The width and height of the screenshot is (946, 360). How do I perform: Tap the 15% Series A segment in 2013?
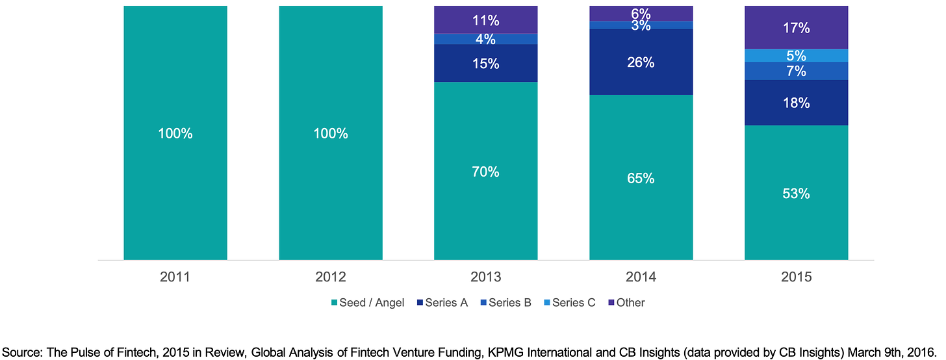pos(486,63)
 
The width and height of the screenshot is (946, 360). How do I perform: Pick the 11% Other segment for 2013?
pos(486,19)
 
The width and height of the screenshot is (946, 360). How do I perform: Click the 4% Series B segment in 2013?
pos(486,39)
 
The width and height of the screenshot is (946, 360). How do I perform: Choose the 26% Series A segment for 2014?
pos(641,62)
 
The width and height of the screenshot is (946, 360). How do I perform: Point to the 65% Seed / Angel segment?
pos(641,177)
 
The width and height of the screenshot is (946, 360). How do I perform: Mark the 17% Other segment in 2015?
pos(797,27)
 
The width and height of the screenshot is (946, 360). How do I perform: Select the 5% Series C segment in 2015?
pos(797,55)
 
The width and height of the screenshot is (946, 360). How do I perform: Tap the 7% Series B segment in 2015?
pos(797,71)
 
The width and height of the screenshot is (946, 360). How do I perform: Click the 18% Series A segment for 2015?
pos(797,103)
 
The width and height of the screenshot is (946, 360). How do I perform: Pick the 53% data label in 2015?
pos(797,193)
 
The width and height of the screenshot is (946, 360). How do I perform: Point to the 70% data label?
pos(486,172)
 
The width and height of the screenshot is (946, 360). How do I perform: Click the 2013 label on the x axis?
pos(486,277)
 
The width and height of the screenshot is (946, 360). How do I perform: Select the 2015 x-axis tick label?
pos(797,277)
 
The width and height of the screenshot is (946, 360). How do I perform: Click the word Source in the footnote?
pos(23,345)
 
